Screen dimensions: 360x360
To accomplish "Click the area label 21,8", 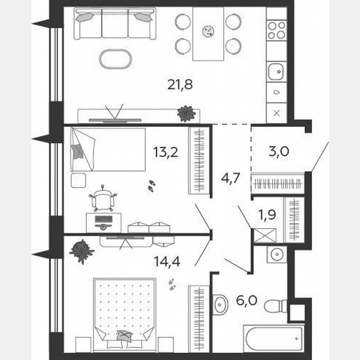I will pos(180,85).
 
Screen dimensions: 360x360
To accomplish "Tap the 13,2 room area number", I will pos(165,152).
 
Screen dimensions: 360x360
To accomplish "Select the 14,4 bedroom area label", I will pos(168,261).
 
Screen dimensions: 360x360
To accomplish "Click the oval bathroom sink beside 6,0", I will pos(220,304).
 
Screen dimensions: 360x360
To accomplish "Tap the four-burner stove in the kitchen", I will pos(276,30).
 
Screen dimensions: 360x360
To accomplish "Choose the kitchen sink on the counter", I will pos(276,72).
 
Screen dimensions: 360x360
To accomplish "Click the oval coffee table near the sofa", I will pos(115,59).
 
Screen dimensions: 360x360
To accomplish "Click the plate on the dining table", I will pos(207,31).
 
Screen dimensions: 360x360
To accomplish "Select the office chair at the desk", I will pos(102,199).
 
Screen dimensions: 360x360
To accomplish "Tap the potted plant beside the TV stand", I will pos(186,113).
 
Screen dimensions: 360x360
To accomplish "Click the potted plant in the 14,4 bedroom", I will pos(82,251).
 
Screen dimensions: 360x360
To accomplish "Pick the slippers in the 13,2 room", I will pos(151,185).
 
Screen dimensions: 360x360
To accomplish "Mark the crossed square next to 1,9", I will pos(265,236).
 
